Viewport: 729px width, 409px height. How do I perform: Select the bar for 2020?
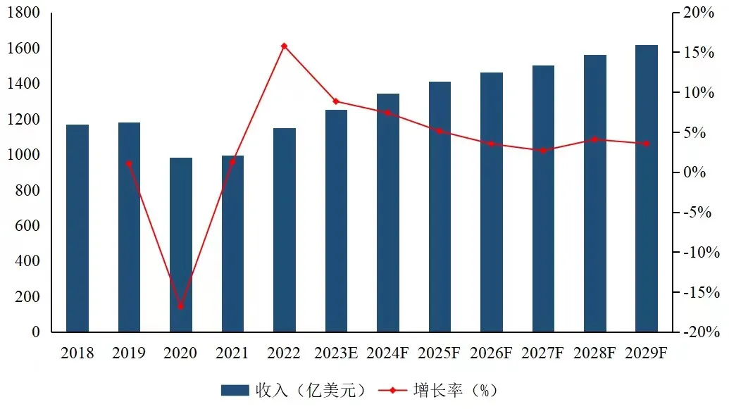tap(181, 245)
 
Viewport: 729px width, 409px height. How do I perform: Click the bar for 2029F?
tap(647, 189)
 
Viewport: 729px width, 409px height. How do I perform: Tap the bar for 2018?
tap(77, 228)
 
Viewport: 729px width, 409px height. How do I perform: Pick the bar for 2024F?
tap(388, 213)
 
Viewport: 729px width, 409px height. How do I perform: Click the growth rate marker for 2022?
tap(285, 46)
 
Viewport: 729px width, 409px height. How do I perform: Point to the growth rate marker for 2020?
tap(181, 306)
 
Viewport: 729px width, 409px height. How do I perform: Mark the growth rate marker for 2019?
tap(129, 163)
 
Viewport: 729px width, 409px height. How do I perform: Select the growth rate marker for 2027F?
tap(543, 151)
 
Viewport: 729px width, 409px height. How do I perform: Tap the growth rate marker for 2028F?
tap(594, 139)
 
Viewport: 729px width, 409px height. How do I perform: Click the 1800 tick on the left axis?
tap(25, 13)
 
